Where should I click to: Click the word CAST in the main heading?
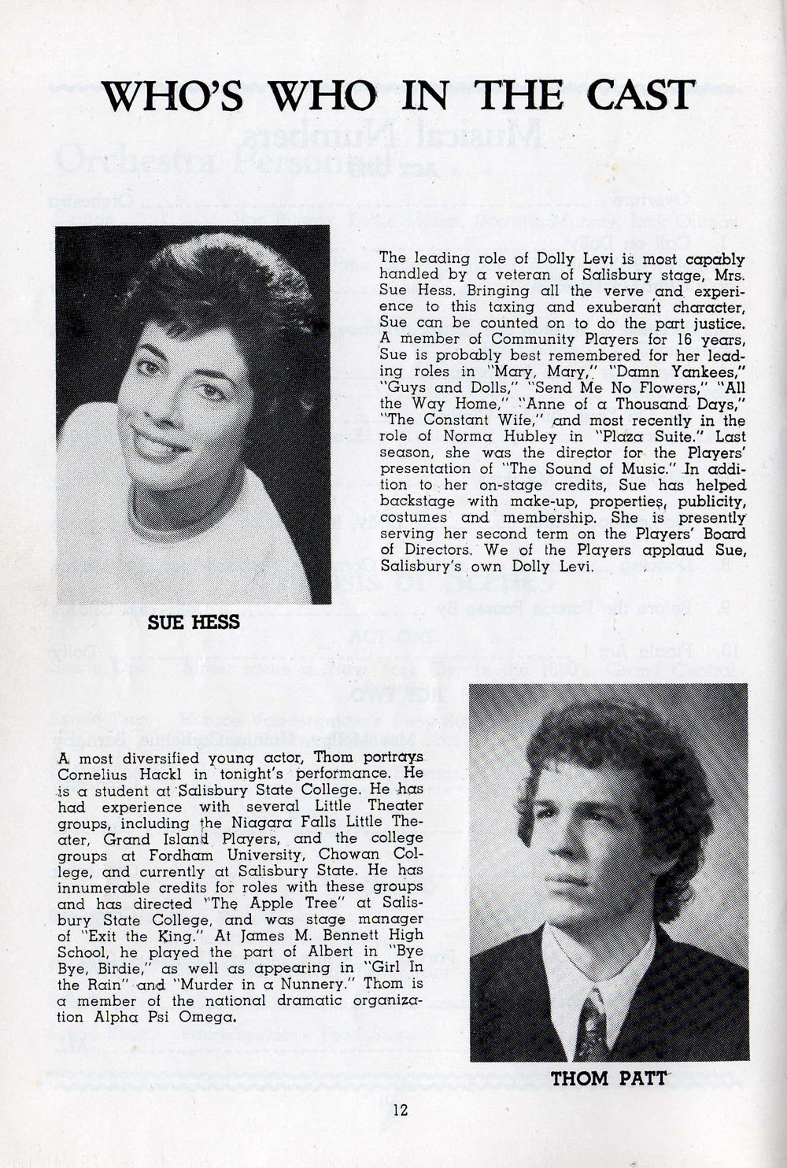[x=637, y=95]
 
